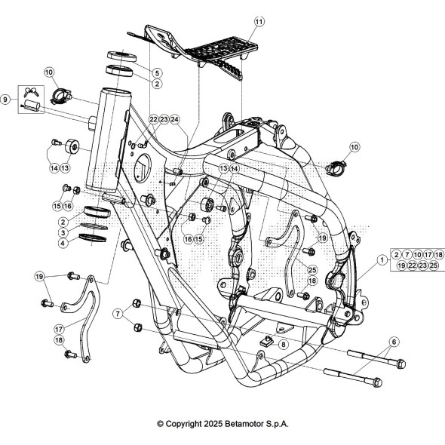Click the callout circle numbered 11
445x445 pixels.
pyautogui.click(x=259, y=22)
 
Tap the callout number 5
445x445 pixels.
pyautogui.click(x=157, y=73)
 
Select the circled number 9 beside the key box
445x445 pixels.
pyautogui.click(x=5, y=100)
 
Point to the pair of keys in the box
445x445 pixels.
pyautogui.click(x=31, y=92)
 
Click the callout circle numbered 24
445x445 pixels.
pyautogui.click(x=175, y=119)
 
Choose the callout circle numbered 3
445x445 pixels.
pyautogui.click(x=63, y=233)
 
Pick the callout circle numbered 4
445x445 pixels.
pyautogui.click(x=63, y=243)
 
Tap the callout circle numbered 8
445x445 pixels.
pyautogui.click(x=284, y=345)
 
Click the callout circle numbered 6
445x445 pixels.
pyautogui.click(x=394, y=342)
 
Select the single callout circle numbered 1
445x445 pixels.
pyautogui.click(x=382, y=259)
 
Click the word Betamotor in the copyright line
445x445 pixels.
pyautogui.click(x=244, y=424)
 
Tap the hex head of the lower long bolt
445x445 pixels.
pyautogui.click(x=376, y=382)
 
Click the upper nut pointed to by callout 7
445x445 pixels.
pyautogui.click(x=137, y=302)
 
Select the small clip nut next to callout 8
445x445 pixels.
pyautogui.click(x=267, y=341)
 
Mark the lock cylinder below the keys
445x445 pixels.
pyautogui.click(x=31, y=106)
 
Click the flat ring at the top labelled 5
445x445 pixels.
pyautogui.click(x=121, y=57)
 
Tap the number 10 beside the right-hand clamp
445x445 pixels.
pyautogui.click(x=354, y=147)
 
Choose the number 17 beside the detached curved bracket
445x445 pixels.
pyautogui.click(x=60, y=329)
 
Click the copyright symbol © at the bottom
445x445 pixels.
pyautogui.click(x=161, y=424)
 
